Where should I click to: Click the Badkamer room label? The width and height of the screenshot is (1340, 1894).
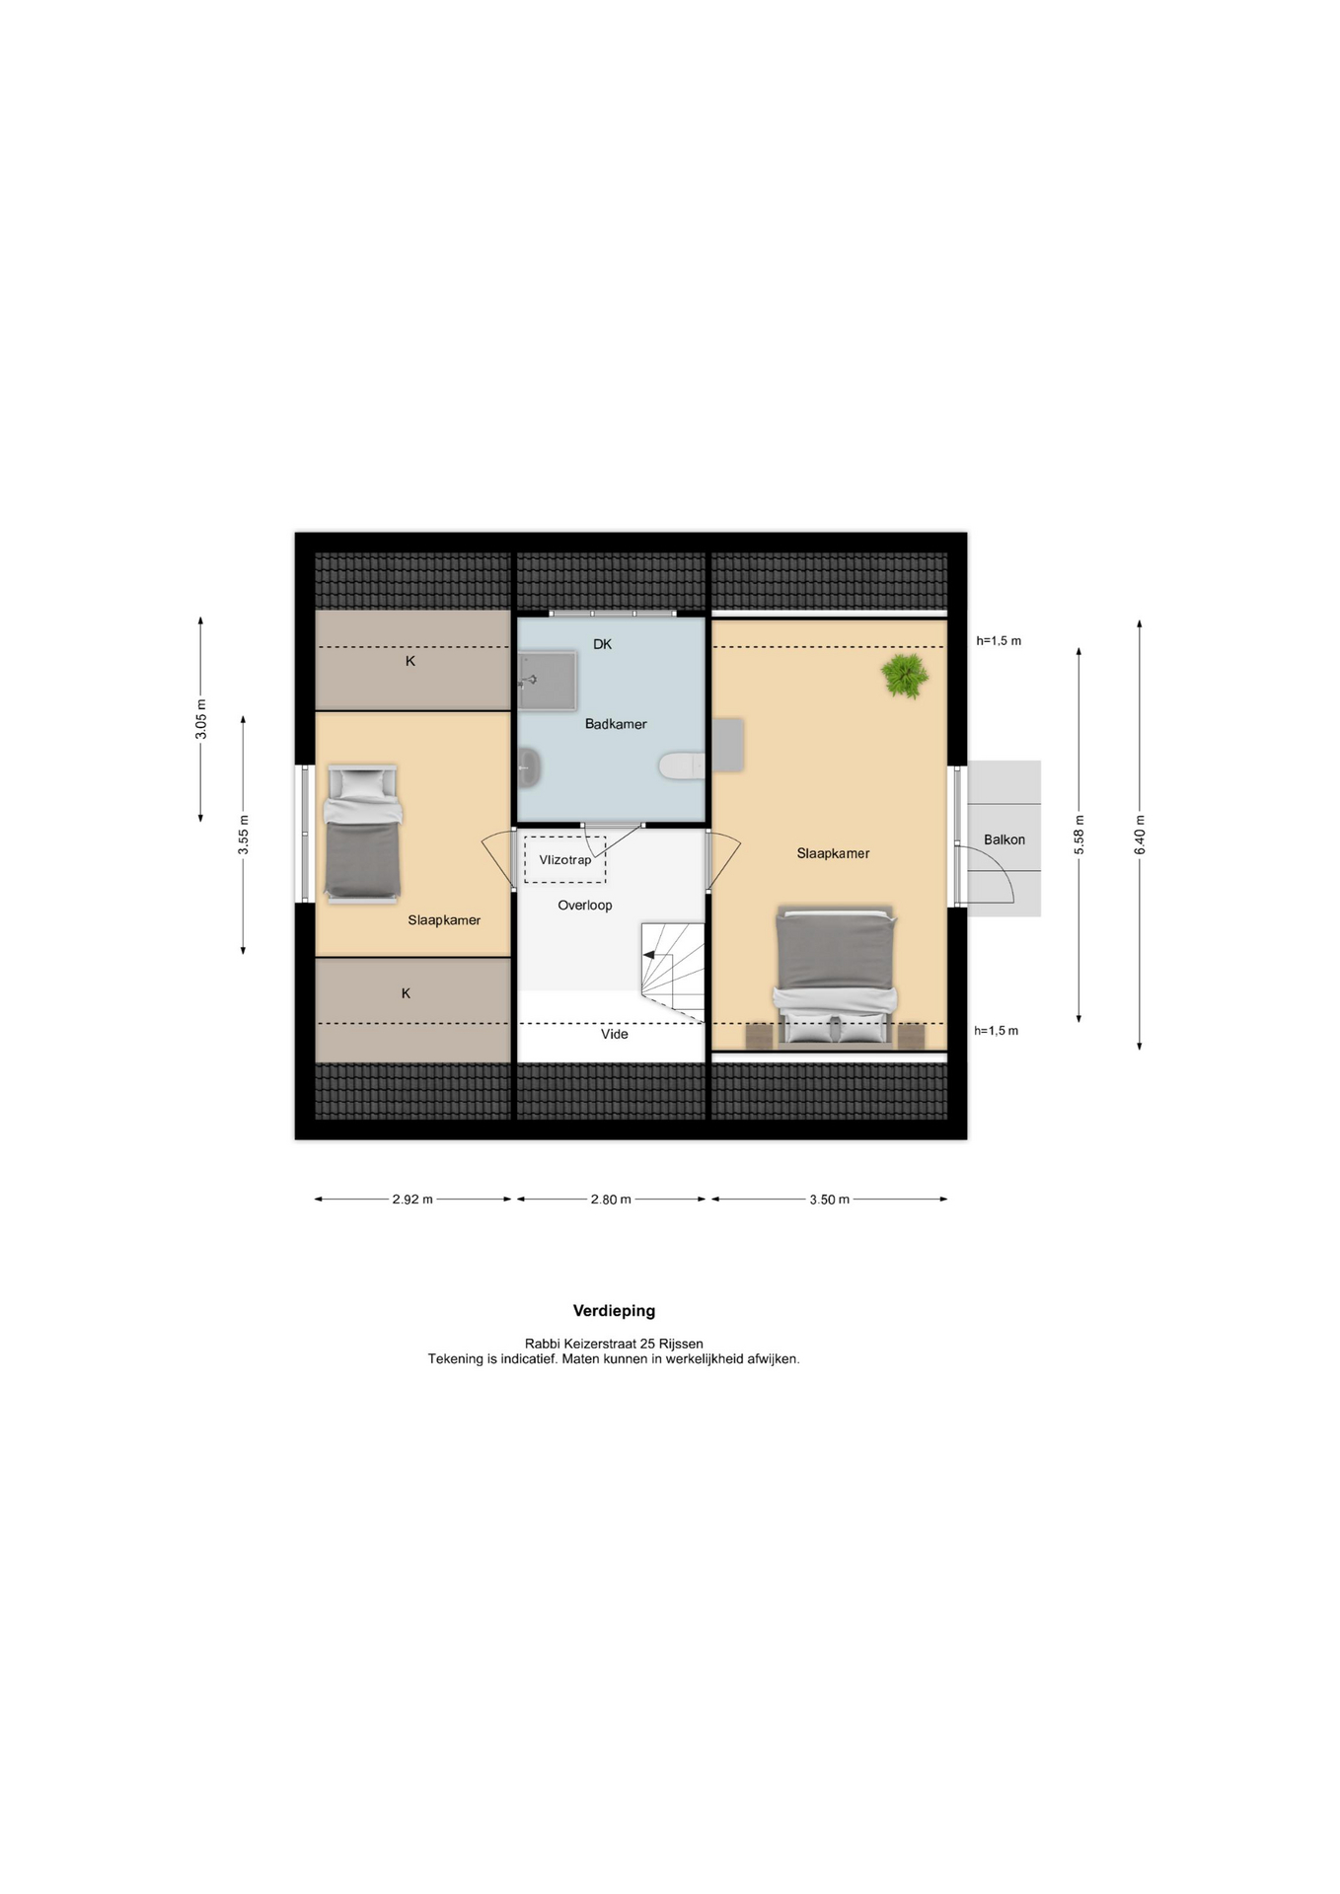616,724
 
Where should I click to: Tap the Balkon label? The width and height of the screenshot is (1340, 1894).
1005,839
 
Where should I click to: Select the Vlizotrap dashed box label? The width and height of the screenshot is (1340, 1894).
565,860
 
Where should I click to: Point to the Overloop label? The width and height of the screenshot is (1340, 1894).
585,905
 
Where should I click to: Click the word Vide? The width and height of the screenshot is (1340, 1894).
615,1034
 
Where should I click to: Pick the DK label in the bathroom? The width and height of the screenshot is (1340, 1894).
602,644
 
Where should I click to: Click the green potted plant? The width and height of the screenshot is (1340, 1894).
905,676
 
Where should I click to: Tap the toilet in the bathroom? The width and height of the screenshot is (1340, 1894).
682,765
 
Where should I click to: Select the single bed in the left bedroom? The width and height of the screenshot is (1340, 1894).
362,834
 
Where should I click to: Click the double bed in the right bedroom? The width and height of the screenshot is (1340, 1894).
836,975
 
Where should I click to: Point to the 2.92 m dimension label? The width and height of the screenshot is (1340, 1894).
412,1200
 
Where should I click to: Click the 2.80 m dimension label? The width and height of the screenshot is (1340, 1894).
611,1200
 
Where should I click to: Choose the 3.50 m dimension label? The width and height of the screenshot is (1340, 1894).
830,1200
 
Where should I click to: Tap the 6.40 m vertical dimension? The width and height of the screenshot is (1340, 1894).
1140,835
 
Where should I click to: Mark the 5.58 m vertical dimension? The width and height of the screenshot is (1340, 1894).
1079,835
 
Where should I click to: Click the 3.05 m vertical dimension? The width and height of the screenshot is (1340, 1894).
201,719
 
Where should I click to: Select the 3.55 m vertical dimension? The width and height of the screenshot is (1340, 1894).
243,835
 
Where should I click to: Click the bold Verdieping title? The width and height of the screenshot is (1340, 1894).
614,1311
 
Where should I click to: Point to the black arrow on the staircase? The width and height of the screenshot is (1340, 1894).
649,955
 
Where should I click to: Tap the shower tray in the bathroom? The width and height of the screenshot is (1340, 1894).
547,680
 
